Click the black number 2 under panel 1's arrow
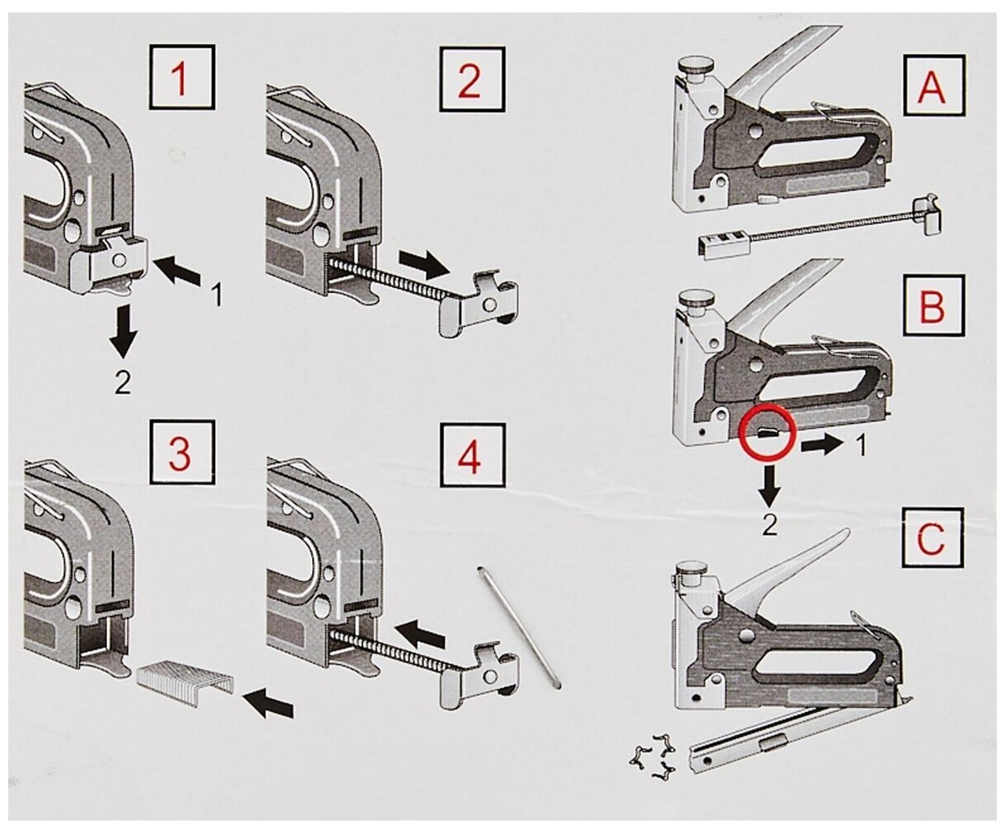point(123,384)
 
